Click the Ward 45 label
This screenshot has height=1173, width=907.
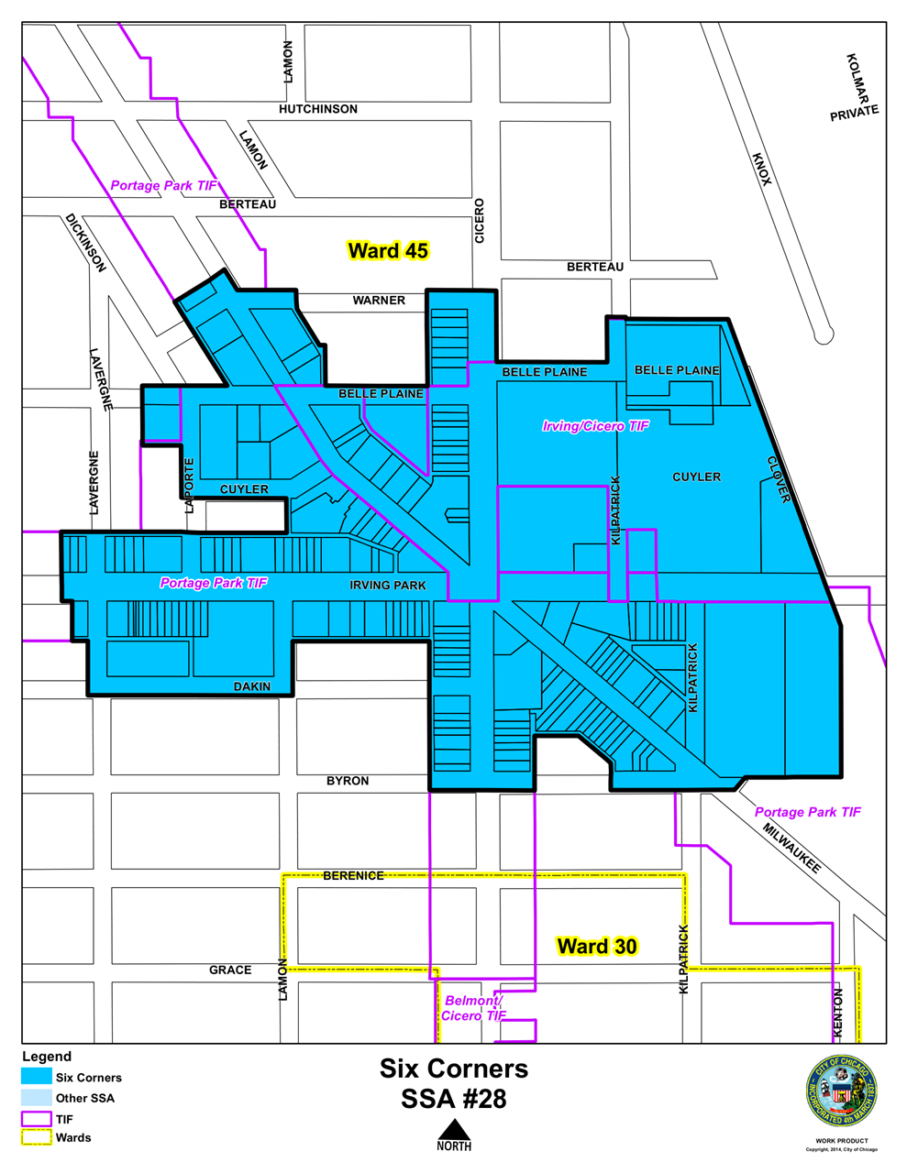[x=388, y=251]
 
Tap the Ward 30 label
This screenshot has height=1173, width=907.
[x=596, y=947]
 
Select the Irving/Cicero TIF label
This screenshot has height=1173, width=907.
[x=595, y=426]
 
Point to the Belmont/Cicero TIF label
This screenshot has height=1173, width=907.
[x=473, y=1008]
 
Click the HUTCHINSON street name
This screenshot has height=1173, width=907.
[x=318, y=109]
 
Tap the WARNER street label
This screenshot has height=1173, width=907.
[x=379, y=301]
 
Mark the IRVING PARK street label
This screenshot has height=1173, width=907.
[x=388, y=585]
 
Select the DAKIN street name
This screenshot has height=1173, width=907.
[x=252, y=686]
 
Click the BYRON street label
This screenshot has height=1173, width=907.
[x=348, y=781]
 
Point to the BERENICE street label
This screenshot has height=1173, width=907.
[x=353, y=876]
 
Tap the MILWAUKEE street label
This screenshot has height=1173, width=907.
[x=791, y=848]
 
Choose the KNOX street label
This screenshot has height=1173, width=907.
[x=762, y=170]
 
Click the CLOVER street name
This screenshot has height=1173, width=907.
[x=779, y=479]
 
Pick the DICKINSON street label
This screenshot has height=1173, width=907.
[x=85, y=243]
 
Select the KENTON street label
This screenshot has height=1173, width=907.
[x=837, y=1013]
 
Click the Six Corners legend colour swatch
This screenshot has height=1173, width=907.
[x=37, y=1077]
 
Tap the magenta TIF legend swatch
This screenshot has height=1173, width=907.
[x=37, y=1119]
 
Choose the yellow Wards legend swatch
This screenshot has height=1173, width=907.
[x=37, y=1138]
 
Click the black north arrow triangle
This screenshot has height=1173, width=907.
[x=454, y=1128]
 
